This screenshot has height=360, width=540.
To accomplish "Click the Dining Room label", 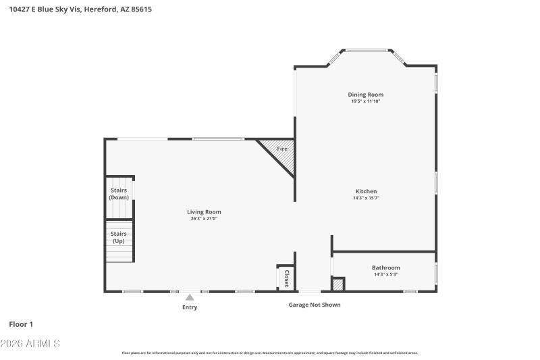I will [x=365, y=95].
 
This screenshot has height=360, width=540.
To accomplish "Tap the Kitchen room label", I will [x=366, y=191].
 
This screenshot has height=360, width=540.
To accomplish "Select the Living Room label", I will [x=204, y=211].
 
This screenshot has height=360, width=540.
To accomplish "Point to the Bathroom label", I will [x=385, y=267].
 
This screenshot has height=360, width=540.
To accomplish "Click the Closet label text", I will [x=286, y=278].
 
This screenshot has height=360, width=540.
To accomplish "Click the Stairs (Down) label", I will [x=119, y=194].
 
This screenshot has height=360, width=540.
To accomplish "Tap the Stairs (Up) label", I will [x=119, y=237].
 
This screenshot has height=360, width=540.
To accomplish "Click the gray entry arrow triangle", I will [x=190, y=297].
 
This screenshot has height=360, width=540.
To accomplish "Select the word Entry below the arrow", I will [x=190, y=307].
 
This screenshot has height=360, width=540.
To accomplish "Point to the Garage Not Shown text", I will [x=315, y=305].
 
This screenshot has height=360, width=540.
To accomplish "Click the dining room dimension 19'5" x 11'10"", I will [x=365, y=101].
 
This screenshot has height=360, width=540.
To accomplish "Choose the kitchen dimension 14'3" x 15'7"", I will [x=366, y=198].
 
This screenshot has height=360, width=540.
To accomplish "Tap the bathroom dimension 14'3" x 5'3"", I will [x=385, y=274].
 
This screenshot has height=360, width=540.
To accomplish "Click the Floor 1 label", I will [x=21, y=324].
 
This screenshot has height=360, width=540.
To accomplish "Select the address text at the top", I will [x=76, y=9].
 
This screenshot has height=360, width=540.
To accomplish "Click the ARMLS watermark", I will [x=30, y=344].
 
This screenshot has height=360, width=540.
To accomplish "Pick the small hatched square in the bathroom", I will [x=339, y=285].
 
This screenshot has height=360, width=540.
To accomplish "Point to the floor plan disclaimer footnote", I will [x=269, y=353].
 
